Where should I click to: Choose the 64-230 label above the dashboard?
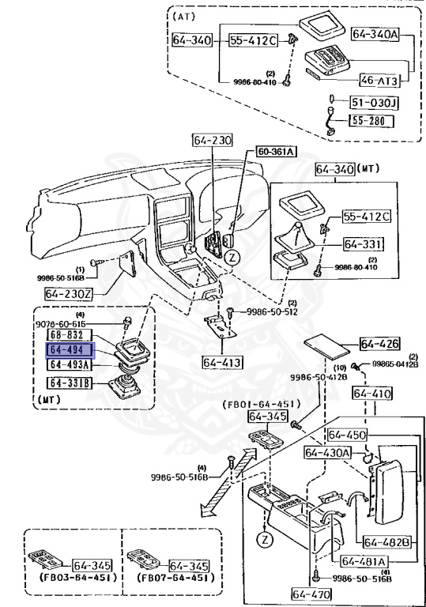(x=212, y=141)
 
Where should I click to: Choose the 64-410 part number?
(x=371, y=393)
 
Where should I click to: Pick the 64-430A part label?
(x=329, y=453)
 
